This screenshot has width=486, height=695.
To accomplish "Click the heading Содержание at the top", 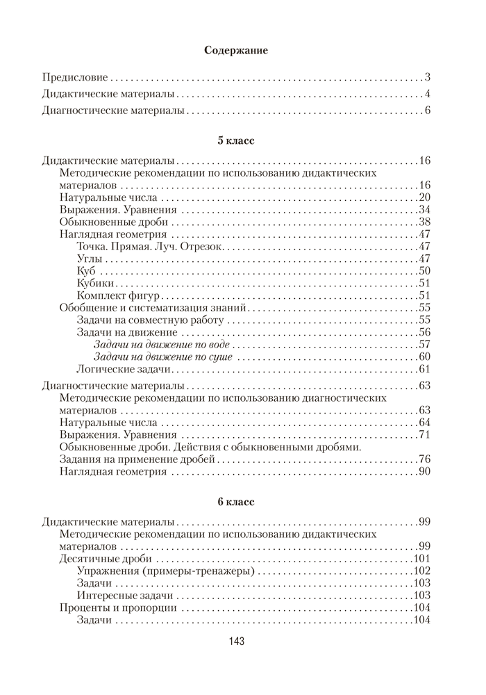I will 237,50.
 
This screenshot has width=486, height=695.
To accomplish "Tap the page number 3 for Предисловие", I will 428,77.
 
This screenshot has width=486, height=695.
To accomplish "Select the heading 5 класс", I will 236,141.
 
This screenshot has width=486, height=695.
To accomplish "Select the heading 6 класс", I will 236,502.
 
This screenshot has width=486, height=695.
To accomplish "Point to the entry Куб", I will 87,271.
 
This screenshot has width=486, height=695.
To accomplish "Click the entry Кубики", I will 95,284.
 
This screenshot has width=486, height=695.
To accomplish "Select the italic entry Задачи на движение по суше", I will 162,357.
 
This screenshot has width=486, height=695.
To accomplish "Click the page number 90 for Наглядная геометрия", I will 425,473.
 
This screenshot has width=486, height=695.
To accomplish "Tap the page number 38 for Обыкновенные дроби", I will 425,222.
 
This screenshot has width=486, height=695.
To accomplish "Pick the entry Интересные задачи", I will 127,596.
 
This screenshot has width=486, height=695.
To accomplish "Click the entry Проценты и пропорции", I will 117,608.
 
